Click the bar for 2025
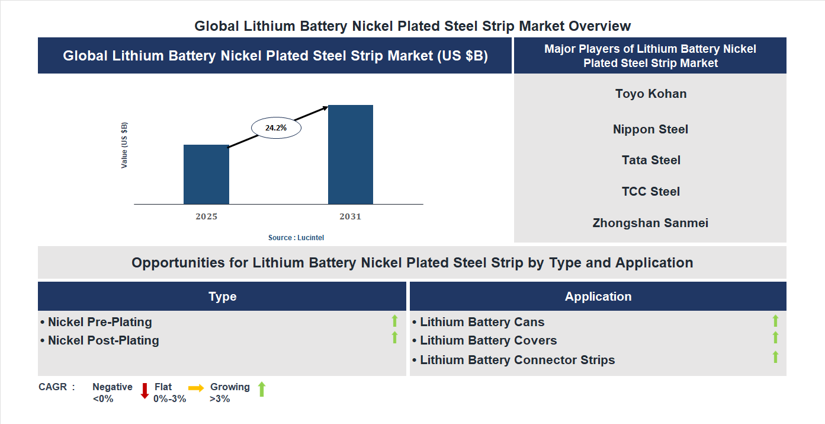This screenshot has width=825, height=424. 206,174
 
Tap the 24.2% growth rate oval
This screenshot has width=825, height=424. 276,127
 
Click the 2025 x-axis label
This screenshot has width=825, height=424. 206,216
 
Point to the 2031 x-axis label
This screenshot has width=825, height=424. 350,216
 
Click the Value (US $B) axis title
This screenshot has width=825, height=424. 124,145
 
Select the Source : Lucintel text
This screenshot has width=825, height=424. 296,237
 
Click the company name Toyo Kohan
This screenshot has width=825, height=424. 651,94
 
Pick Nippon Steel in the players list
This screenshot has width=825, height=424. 650,129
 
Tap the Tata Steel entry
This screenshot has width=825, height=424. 651,160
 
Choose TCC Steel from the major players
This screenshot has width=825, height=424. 651,192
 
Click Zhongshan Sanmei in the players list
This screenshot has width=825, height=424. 650,223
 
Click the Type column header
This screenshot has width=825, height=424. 222,297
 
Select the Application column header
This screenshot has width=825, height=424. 598,297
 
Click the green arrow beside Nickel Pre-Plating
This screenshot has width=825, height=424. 394,321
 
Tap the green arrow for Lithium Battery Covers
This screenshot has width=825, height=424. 775,337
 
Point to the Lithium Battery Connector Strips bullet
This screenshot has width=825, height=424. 517,360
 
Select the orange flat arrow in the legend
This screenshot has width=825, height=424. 196,388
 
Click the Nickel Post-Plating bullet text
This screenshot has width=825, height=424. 103,340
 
